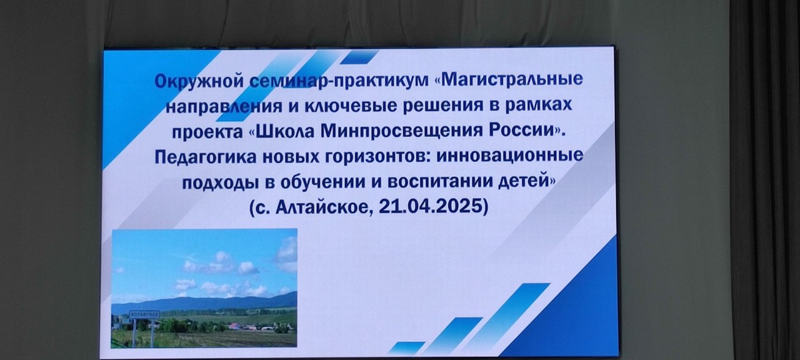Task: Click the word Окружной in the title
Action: (199, 82)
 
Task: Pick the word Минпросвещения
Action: (401, 131)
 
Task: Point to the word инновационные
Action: (509, 156)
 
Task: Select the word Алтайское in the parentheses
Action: (321, 207)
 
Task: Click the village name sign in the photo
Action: (144, 314)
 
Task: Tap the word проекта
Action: (207, 132)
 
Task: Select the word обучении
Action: (322, 183)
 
